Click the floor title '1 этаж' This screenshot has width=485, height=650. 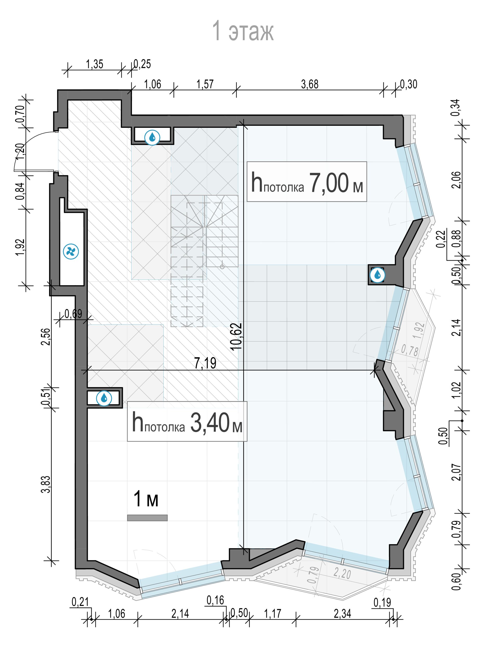click(242, 31)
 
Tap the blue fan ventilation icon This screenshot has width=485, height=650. click(71, 251)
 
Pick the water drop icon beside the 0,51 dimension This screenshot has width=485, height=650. click(104, 398)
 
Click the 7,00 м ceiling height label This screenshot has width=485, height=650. click(307, 181)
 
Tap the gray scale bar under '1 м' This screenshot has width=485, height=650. click(147, 518)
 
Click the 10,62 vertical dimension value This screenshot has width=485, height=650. click(236, 336)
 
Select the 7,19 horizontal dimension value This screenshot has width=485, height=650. click(205, 363)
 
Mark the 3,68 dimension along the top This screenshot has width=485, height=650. click(310, 84)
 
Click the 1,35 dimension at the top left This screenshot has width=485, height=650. click(94, 64)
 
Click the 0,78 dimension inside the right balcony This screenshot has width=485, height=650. click(410, 350)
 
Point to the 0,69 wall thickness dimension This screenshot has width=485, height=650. click(73, 314)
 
